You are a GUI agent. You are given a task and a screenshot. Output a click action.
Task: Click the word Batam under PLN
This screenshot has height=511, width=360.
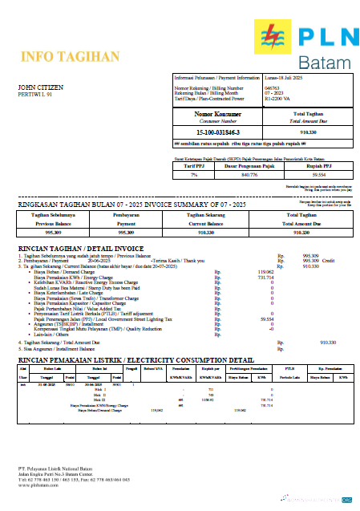tap(325, 62)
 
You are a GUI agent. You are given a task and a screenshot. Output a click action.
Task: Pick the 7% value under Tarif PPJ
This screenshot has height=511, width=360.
tap(193, 174)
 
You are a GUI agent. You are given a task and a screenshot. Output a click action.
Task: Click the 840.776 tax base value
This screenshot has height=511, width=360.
tap(249, 174)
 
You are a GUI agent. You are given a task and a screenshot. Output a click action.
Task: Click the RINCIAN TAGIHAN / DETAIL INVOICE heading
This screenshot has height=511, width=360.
tap(80, 249)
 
